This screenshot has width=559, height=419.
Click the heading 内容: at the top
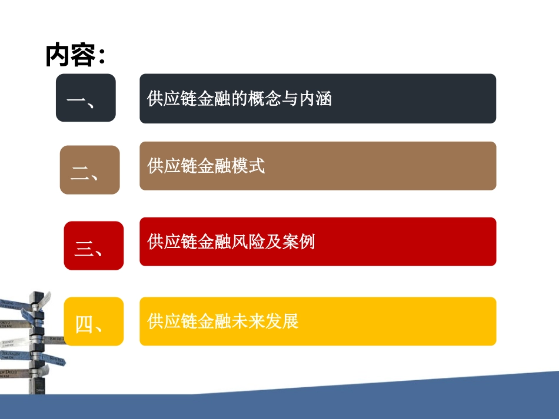click(x=75, y=56)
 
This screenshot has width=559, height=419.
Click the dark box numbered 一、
click(x=85, y=98)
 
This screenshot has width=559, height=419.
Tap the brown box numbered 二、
click(x=89, y=170)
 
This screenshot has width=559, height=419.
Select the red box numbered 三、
click(x=93, y=246)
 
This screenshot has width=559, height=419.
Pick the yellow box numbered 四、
click(x=93, y=321)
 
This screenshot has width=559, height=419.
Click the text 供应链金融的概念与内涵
click(x=239, y=98)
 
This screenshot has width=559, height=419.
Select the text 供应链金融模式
click(x=206, y=166)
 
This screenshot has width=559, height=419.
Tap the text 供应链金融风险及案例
click(x=231, y=241)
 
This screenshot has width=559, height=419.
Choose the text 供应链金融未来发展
click(x=223, y=321)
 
